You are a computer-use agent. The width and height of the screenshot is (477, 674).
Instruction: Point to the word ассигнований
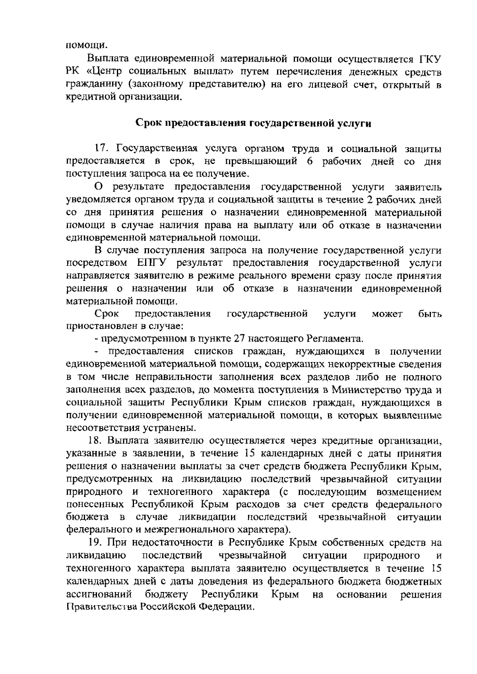pyautogui.click(x=99, y=594)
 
